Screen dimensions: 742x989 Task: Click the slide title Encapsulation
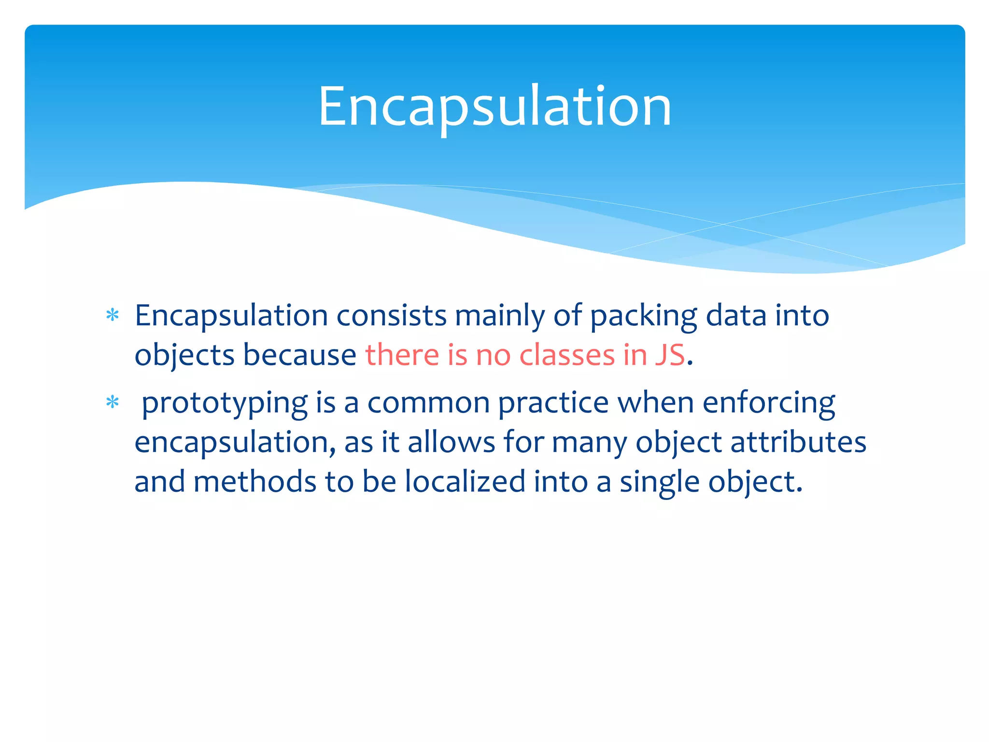(494, 106)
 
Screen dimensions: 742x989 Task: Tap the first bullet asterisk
(113, 315)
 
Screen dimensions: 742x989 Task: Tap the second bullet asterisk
(113, 402)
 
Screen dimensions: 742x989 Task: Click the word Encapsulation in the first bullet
(231, 316)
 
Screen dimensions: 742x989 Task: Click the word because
(299, 355)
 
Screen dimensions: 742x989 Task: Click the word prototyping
(225, 404)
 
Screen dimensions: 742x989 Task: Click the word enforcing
(769, 404)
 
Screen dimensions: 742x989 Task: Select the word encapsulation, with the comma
(235, 443)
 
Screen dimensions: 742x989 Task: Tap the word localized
(465, 482)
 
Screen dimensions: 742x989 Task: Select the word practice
(553, 404)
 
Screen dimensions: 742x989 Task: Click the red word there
(402, 355)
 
